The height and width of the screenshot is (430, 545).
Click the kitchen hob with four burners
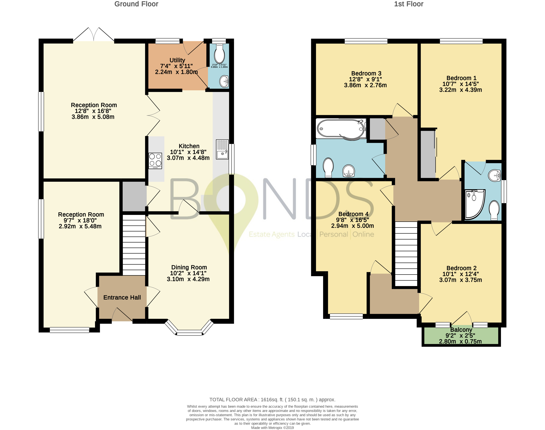point(155,161)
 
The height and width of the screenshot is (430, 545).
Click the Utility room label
point(177,60)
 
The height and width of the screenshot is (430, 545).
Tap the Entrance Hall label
point(122,298)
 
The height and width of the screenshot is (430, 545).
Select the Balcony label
point(461,330)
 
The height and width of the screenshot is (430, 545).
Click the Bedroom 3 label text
point(366,74)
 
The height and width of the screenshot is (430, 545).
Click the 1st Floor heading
point(409,4)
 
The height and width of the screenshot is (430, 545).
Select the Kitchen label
point(189,146)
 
